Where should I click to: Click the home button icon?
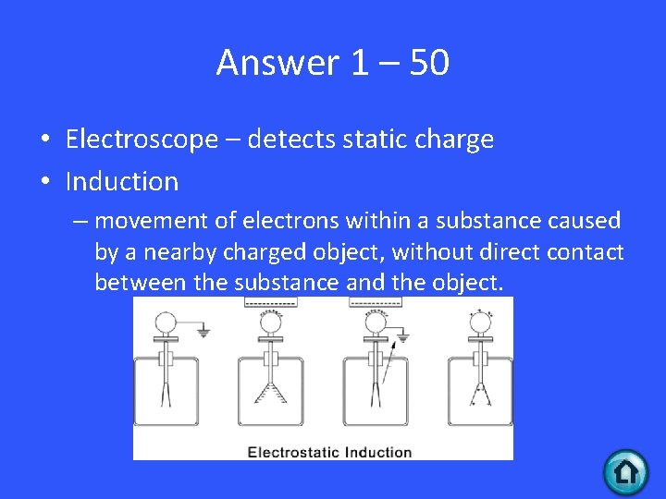[x=626, y=472]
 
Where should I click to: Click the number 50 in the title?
[x=426, y=63]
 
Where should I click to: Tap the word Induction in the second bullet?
[x=121, y=181]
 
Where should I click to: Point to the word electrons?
[x=289, y=221]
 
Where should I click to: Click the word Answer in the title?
[x=278, y=63]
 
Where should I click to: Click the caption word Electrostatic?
[x=294, y=452]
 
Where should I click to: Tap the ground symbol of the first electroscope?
[x=203, y=331]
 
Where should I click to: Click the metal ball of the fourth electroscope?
[x=479, y=321]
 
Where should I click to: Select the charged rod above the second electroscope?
[x=269, y=302]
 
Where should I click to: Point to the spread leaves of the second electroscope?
[x=270, y=392]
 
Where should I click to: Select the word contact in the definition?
[x=586, y=251]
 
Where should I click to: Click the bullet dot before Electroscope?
[x=44, y=140]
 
